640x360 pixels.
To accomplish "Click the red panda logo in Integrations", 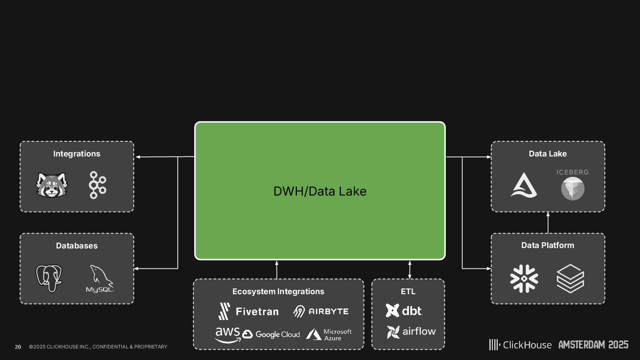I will tap(52, 185).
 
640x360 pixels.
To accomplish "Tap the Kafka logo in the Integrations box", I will tap(97, 185).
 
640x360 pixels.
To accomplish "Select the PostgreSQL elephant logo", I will tap(49, 278).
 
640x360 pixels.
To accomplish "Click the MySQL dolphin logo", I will tap(100, 279).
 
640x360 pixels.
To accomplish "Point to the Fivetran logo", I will tap(248, 311).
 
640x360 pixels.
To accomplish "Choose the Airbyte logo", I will tap(320, 311).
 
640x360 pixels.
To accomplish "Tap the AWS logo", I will tap(228, 335).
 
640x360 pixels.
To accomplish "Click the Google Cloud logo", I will tap(271, 334).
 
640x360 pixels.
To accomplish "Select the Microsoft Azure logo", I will tap(329, 335).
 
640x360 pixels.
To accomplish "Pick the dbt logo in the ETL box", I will tap(404, 310).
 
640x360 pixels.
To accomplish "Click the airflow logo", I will tap(411, 332).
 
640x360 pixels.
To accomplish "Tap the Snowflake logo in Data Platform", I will tap(524, 279).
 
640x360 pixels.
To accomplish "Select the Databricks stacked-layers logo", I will tap(570, 279).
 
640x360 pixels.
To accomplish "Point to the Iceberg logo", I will tap(572, 184).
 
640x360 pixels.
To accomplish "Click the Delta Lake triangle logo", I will tap(524, 185).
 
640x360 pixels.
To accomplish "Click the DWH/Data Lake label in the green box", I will tap(320, 191).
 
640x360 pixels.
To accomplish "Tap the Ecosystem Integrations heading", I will tap(278, 292).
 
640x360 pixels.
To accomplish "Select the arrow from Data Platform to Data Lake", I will tap(548, 222).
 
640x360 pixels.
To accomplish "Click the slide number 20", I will tap(18, 347).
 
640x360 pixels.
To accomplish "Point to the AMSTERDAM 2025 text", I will tap(593, 344).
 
